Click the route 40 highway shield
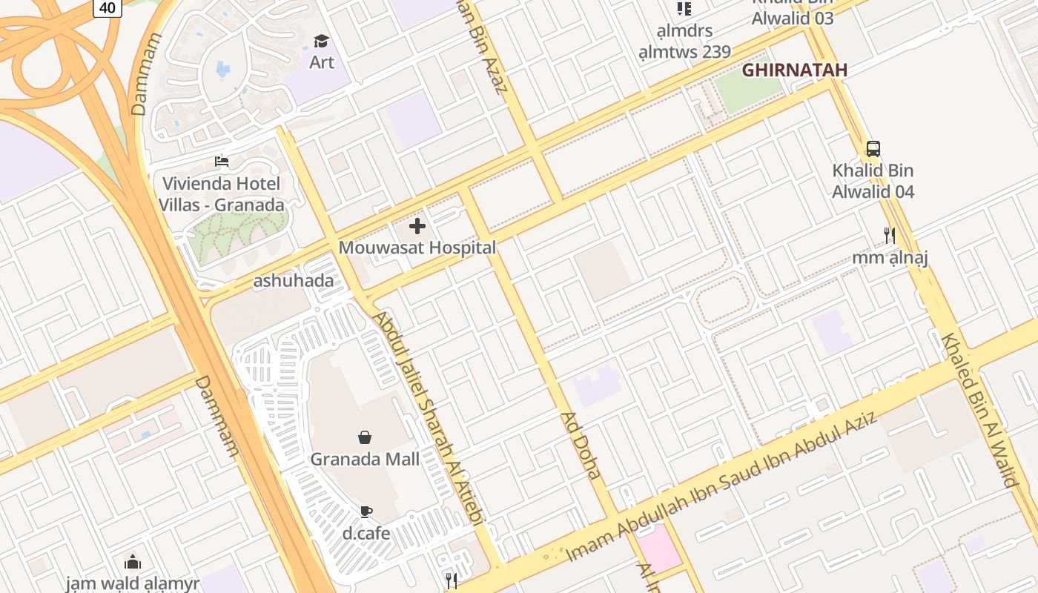point(108,7)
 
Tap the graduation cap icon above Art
point(321,41)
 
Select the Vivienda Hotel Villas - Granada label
point(222,194)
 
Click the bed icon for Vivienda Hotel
point(222,161)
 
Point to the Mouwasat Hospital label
point(417,248)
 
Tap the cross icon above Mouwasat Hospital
point(417,226)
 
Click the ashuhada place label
point(294,281)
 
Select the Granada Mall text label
point(365,460)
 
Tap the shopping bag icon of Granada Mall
point(365,437)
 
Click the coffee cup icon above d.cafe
point(366,511)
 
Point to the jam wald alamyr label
point(133,583)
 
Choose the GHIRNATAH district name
point(794,70)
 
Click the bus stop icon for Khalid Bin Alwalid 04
point(873,148)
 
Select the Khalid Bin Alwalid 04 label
point(873,181)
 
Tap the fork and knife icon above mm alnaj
point(890,236)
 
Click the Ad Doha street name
point(581,445)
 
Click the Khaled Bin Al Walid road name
point(979,409)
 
